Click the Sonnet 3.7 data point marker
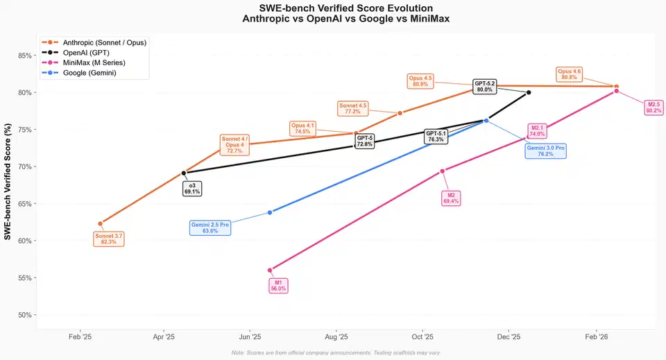pos(100,224)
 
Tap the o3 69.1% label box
pos(192,189)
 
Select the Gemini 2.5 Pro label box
pos(210,228)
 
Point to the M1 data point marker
pos(270,270)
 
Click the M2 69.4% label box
pos(451,198)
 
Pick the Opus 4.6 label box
pos(569,74)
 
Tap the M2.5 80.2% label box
pos(654,108)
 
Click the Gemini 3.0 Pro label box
pos(545,151)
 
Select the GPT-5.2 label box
pos(485,87)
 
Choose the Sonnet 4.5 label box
pos(352,108)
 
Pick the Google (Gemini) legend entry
pos(79,73)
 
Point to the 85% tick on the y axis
pos(25,55)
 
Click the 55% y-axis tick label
pos(25,278)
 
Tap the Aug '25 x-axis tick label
pos(336,337)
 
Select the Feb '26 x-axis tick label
pos(597,337)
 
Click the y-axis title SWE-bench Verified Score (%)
pos(8,182)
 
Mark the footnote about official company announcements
pos(336,353)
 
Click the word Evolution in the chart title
pos(408,8)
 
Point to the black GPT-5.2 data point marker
pos(529,92)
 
